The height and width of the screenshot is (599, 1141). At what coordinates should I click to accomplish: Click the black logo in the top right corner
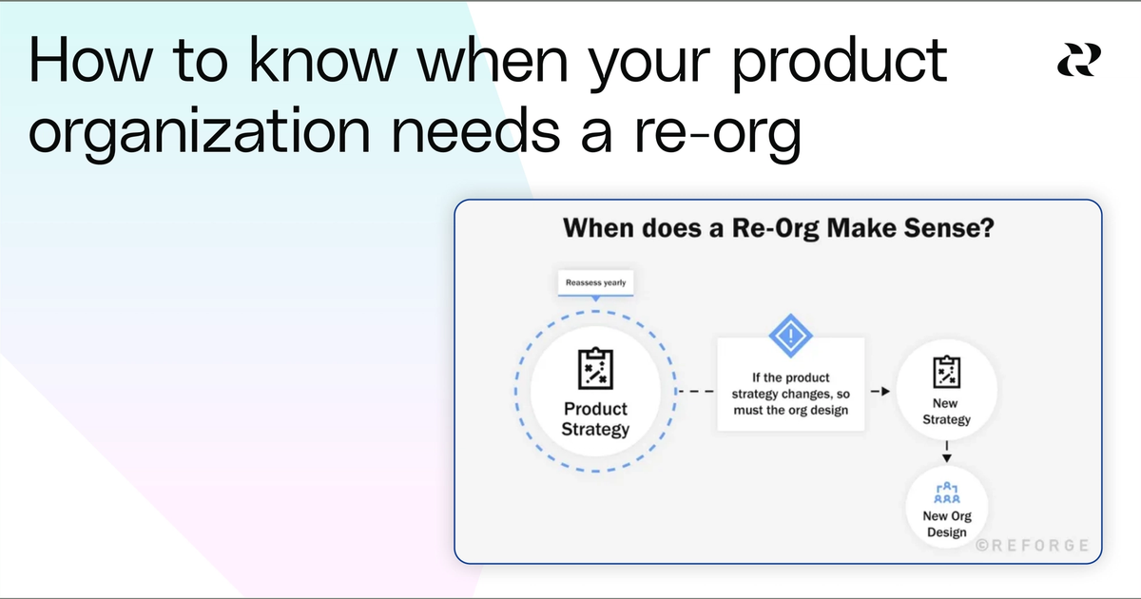pyautogui.click(x=1079, y=62)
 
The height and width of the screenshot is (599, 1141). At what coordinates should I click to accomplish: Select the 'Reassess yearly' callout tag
pyautogui.click(x=595, y=282)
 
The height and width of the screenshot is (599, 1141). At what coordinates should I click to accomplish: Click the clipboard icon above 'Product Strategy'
pyautogui.click(x=595, y=369)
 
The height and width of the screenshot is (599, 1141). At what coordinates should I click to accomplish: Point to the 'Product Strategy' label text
pyautogui.click(x=595, y=418)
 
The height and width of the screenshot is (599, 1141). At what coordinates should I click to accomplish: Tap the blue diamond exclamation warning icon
pyautogui.click(x=790, y=335)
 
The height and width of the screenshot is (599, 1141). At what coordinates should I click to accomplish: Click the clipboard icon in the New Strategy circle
pyautogui.click(x=946, y=371)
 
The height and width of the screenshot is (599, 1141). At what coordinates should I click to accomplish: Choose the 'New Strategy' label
pyautogui.click(x=946, y=411)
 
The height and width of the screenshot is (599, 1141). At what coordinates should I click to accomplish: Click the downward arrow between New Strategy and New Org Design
pyautogui.click(x=946, y=452)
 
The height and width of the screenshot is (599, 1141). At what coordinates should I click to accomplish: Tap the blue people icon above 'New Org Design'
pyautogui.click(x=947, y=493)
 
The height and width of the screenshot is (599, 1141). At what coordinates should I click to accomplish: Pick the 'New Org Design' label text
pyautogui.click(x=947, y=524)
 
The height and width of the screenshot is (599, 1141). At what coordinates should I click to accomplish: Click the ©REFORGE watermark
pyautogui.click(x=1034, y=546)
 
